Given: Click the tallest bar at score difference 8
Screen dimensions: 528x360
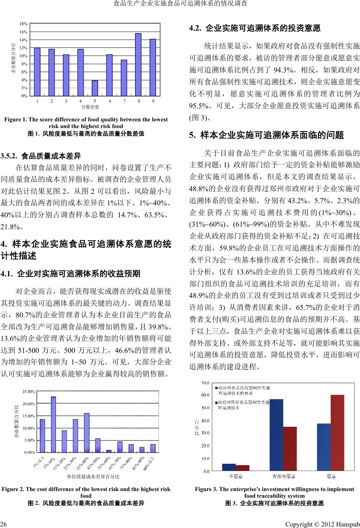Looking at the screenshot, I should (138, 65).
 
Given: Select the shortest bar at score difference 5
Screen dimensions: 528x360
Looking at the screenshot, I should (95, 88).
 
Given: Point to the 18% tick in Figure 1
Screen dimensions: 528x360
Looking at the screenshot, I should (24, 24).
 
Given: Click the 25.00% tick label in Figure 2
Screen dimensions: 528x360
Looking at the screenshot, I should (29, 392).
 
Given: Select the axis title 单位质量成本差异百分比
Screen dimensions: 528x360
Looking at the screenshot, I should (93, 477).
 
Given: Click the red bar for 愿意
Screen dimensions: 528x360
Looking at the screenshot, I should (337, 433).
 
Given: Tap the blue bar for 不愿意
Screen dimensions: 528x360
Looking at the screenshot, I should (229, 467).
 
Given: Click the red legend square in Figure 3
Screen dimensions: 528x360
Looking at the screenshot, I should (217, 403).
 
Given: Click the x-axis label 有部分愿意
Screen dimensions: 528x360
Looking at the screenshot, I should (284, 476).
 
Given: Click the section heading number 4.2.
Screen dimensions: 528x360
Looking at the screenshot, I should (195, 28).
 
